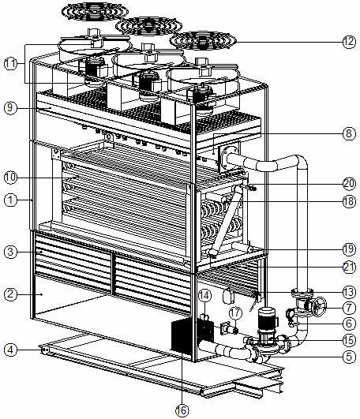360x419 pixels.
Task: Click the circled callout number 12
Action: (349, 42)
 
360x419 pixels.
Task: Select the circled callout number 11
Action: (10, 64)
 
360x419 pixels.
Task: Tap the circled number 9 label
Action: (10, 107)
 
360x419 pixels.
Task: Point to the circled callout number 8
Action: (349, 133)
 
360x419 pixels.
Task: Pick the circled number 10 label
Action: (10, 178)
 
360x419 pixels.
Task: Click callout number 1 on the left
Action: (10, 200)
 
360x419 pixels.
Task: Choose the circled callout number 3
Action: (10, 252)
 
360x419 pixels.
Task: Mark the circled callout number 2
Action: (10, 294)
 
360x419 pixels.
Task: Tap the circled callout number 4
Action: (10, 350)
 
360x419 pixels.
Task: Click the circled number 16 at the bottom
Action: (182, 410)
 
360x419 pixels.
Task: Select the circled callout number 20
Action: (349, 184)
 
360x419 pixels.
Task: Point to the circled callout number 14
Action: (204, 295)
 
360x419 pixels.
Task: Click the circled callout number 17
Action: (235, 312)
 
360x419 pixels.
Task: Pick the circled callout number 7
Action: (349, 308)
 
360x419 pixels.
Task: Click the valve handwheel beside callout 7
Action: (320, 306)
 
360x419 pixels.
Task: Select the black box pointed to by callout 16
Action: (182, 335)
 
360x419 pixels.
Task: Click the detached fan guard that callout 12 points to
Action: (203, 40)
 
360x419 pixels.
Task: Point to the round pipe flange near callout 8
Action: (227, 159)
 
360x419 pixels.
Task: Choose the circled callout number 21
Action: (349, 267)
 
